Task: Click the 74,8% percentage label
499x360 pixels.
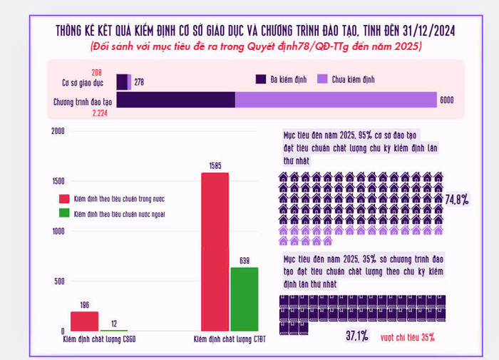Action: pyautogui.click(x=457, y=200)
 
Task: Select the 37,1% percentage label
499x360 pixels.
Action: pyautogui.click(x=357, y=336)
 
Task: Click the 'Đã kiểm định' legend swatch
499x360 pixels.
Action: pyautogui.click(x=259, y=79)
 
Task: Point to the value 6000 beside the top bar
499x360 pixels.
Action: pyautogui.click(x=447, y=101)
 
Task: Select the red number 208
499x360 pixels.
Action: pyautogui.click(x=97, y=72)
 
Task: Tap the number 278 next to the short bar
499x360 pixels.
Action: pyautogui.click(x=139, y=82)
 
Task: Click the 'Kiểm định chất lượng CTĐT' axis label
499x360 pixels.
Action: pyautogui.click(x=230, y=339)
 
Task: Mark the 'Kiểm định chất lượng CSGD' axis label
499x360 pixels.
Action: pyautogui.click(x=99, y=339)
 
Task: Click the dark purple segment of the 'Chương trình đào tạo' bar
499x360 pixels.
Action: pyautogui.click(x=175, y=100)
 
